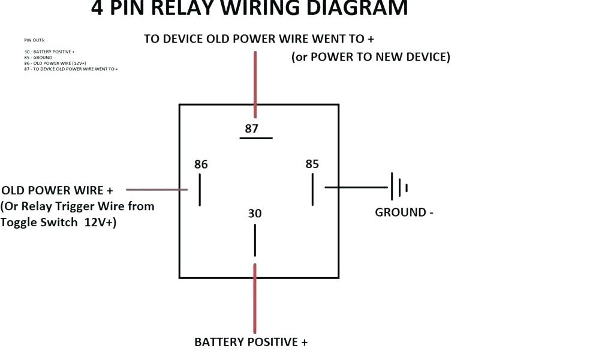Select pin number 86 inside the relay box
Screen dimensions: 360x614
201,164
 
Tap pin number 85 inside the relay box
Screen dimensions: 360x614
312,164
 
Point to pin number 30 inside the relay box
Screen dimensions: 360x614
255,214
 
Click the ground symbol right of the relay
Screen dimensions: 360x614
399,187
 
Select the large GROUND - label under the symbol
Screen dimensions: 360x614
404,212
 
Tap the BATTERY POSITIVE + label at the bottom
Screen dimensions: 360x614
251,342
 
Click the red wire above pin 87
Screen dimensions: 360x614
255,84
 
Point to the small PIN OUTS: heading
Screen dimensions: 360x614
34,40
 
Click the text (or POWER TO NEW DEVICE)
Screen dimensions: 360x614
371,57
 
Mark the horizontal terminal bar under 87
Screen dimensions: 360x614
256,139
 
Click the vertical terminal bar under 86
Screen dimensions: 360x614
200,190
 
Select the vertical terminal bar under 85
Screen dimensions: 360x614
312,190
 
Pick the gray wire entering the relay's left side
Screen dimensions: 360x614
156,189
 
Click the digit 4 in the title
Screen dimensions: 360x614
97,8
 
